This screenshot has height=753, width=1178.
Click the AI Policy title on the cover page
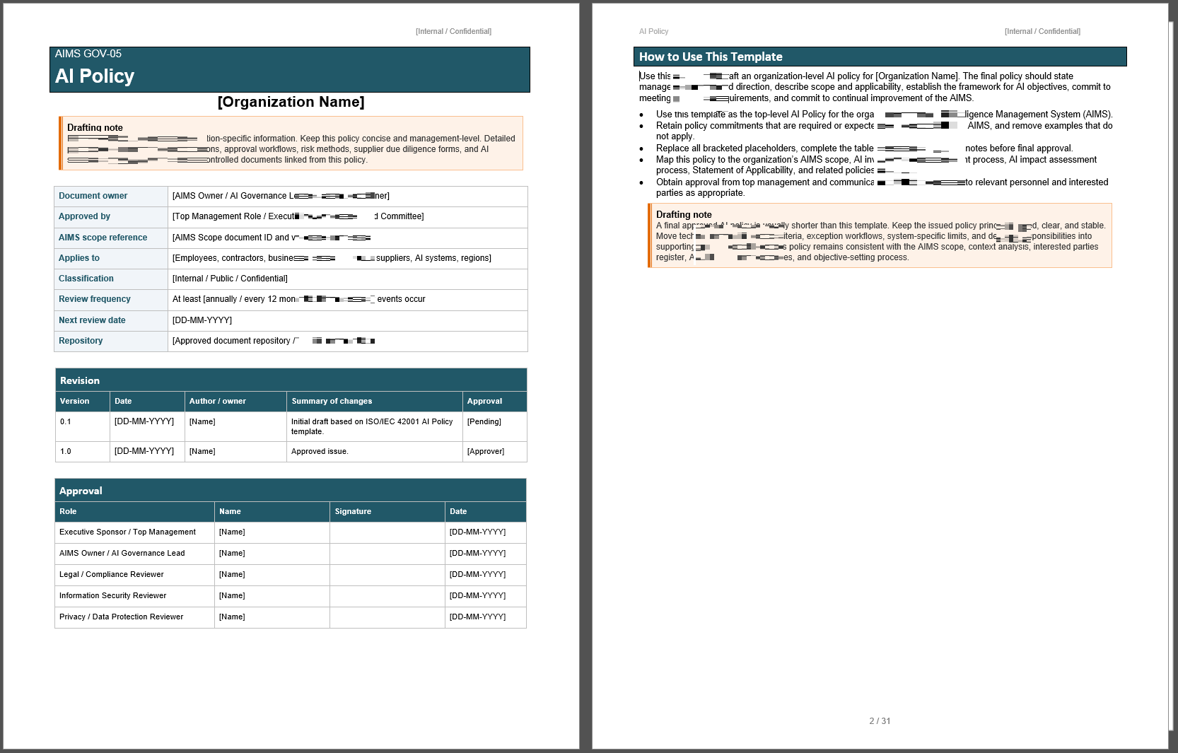point(95,76)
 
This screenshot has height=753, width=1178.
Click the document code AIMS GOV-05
point(88,54)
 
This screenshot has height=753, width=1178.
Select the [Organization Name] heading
point(291,102)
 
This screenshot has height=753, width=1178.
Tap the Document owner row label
point(93,196)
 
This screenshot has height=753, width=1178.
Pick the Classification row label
point(86,279)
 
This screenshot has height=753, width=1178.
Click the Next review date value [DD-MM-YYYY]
point(202,320)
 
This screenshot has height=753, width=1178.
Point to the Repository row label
point(81,341)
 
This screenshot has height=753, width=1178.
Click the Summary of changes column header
point(332,401)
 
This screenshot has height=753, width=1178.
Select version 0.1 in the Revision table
point(66,421)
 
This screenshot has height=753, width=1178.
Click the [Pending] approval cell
point(484,421)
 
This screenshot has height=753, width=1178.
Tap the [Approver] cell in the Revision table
point(486,451)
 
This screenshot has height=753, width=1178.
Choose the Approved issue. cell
point(320,451)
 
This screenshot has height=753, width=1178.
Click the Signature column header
point(353,511)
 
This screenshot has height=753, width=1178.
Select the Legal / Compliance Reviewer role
point(112,574)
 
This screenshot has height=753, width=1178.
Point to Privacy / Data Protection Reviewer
point(122,617)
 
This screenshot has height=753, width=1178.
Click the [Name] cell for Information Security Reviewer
point(232,595)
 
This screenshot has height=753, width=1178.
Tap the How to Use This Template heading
point(711,57)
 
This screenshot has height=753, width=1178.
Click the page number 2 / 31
point(880,721)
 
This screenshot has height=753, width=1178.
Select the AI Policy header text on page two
point(653,31)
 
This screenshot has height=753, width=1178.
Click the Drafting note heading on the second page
point(684,214)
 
